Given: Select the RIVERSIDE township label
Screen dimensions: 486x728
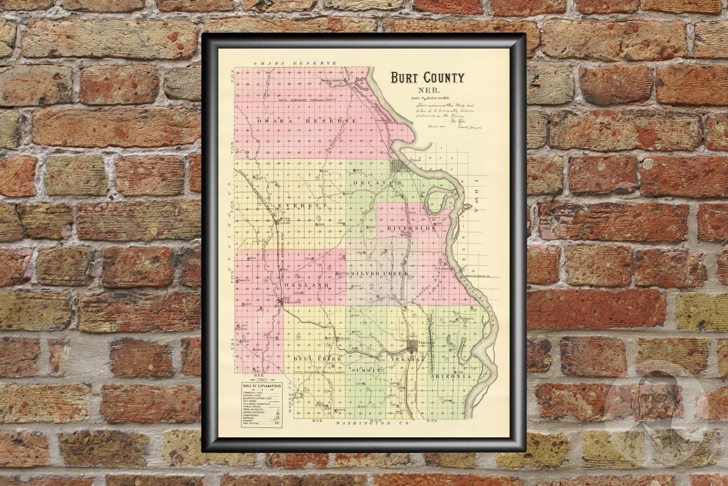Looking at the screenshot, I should [411, 227].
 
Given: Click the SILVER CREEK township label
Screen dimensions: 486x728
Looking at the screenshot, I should [380, 274].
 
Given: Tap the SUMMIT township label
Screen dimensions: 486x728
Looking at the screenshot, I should [365, 370].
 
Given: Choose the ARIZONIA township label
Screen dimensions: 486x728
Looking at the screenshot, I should [450, 377].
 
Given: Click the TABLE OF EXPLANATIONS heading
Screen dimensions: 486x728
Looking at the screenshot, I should [262, 386].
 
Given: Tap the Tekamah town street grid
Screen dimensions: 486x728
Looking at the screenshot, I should [414, 346].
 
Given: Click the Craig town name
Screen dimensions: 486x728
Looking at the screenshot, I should [344, 338].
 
